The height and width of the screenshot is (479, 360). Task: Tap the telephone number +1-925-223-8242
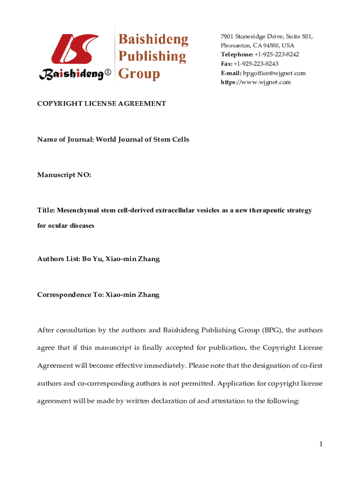point(274,55)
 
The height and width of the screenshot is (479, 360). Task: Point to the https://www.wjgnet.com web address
point(256,82)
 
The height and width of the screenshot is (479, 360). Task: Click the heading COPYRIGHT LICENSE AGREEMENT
point(101,103)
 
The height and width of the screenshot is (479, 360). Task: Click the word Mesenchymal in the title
point(74,210)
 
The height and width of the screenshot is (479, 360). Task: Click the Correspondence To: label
point(70,295)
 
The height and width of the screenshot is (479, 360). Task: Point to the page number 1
point(321,444)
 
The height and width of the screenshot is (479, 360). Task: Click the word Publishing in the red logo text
point(152,57)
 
